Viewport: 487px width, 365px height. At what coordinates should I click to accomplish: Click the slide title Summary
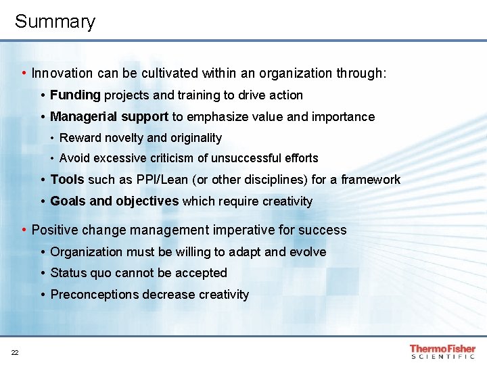[x=55, y=22]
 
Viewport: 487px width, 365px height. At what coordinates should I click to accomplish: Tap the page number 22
[x=15, y=352]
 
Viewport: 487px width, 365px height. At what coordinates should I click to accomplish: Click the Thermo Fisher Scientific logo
[x=442, y=352]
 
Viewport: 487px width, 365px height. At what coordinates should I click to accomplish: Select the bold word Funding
[x=75, y=95]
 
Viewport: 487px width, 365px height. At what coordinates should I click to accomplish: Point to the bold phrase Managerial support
[x=109, y=117]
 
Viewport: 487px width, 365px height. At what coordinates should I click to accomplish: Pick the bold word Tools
[x=67, y=180]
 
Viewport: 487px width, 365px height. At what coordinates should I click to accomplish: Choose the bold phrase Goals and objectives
[x=114, y=201]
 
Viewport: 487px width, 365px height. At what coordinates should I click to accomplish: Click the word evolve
[x=308, y=252]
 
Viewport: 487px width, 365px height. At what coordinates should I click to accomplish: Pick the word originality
[x=195, y=138]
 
